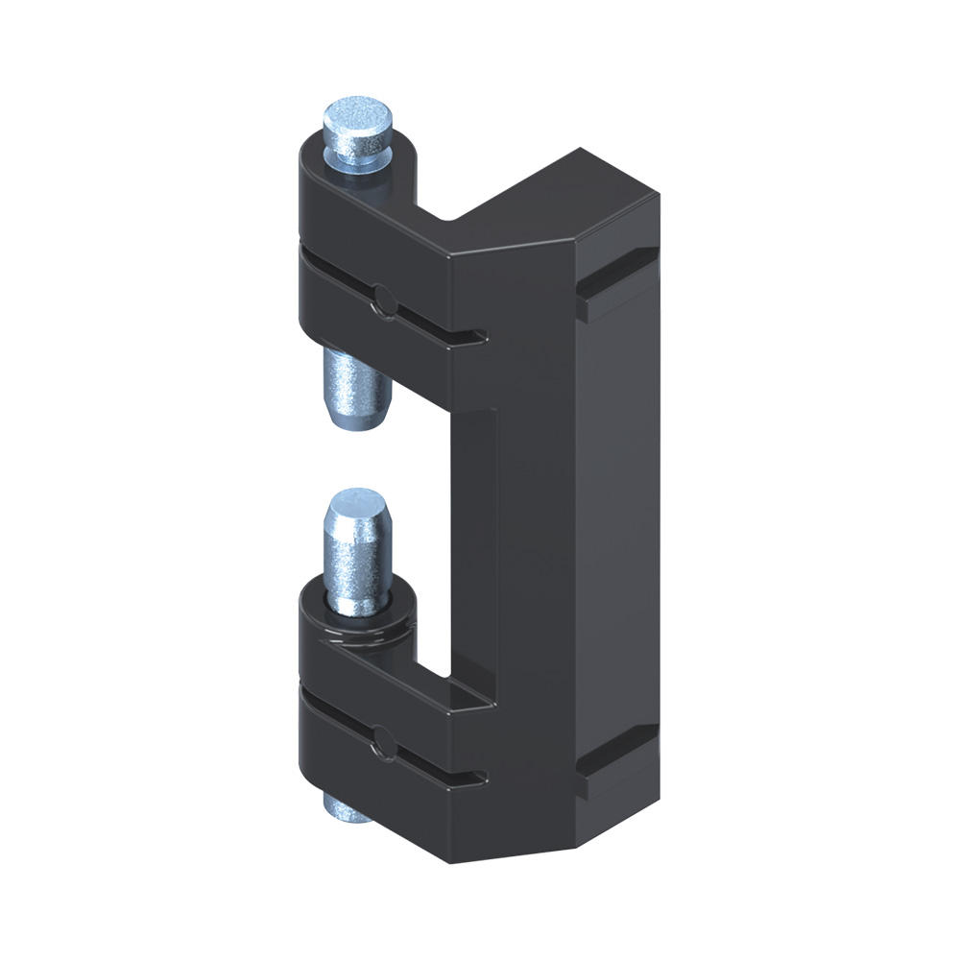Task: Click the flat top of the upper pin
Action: pyautogui.click(x=359, y=118)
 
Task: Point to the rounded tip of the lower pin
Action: pyautogui.click(x=358, y=507)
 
